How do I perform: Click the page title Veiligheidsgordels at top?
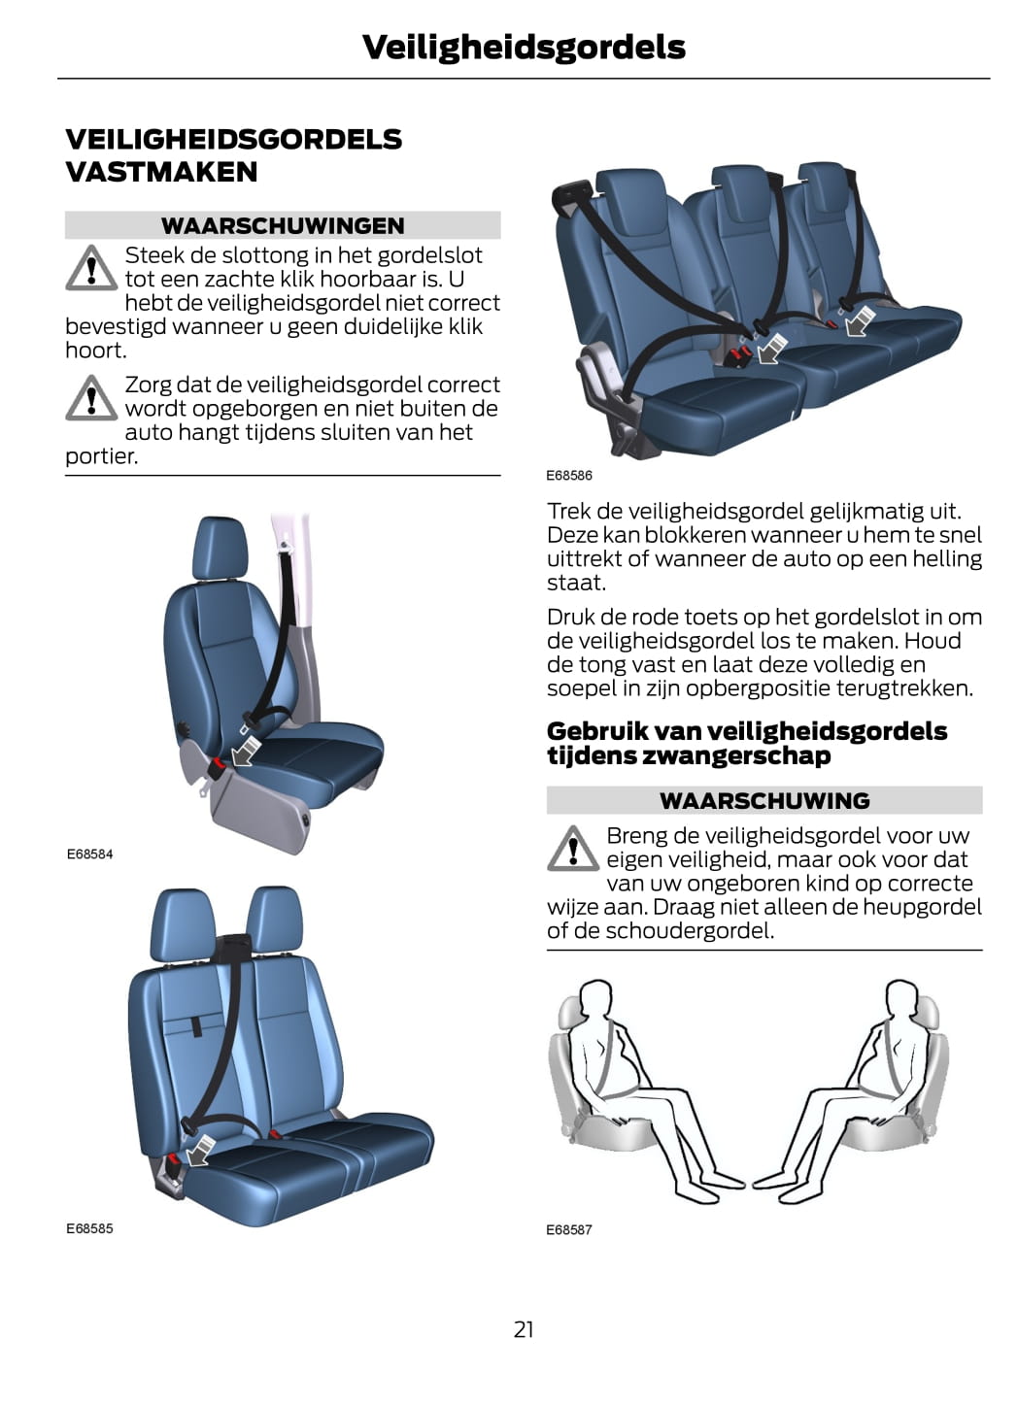tap(524, 47)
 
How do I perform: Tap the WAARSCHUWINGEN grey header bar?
tap(283, 225)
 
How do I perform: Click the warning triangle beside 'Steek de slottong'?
tap(91, 268)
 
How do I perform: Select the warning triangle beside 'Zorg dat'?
tap(91, 398)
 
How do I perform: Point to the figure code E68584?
tap(89, 854)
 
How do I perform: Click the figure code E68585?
tap(89, 1228)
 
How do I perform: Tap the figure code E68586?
tap(569, 476)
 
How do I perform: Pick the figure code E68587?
tap(569, 1229)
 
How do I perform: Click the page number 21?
tap(524, 1329)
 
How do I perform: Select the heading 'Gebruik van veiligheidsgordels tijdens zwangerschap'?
tap(747, 743)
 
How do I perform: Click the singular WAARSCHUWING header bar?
tap(764, 800)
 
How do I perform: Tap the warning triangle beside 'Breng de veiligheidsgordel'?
tap(573, 849)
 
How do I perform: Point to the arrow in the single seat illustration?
tap(247, 750)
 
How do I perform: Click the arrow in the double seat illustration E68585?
tap(200, 1152)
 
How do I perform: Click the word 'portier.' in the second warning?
tap(102, 456)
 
